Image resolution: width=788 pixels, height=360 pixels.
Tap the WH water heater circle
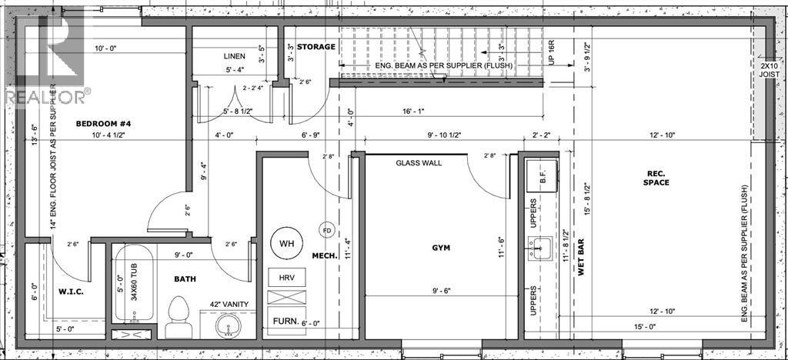286,244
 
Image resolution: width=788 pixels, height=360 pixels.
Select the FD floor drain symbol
327,231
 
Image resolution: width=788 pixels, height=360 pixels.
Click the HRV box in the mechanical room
286,278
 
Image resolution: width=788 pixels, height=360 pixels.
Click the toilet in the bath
176,316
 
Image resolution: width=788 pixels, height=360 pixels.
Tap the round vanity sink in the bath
228,326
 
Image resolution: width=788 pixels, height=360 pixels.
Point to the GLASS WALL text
419,163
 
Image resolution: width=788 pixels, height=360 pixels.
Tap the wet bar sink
541,248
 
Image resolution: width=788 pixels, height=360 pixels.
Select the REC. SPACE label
656,178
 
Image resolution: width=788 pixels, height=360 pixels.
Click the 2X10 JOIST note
769,70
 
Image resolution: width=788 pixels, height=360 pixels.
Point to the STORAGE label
316,47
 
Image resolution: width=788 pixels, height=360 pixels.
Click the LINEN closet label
235,55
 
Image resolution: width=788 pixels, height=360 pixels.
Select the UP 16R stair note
551,52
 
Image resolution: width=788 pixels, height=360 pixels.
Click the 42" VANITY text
229,305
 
